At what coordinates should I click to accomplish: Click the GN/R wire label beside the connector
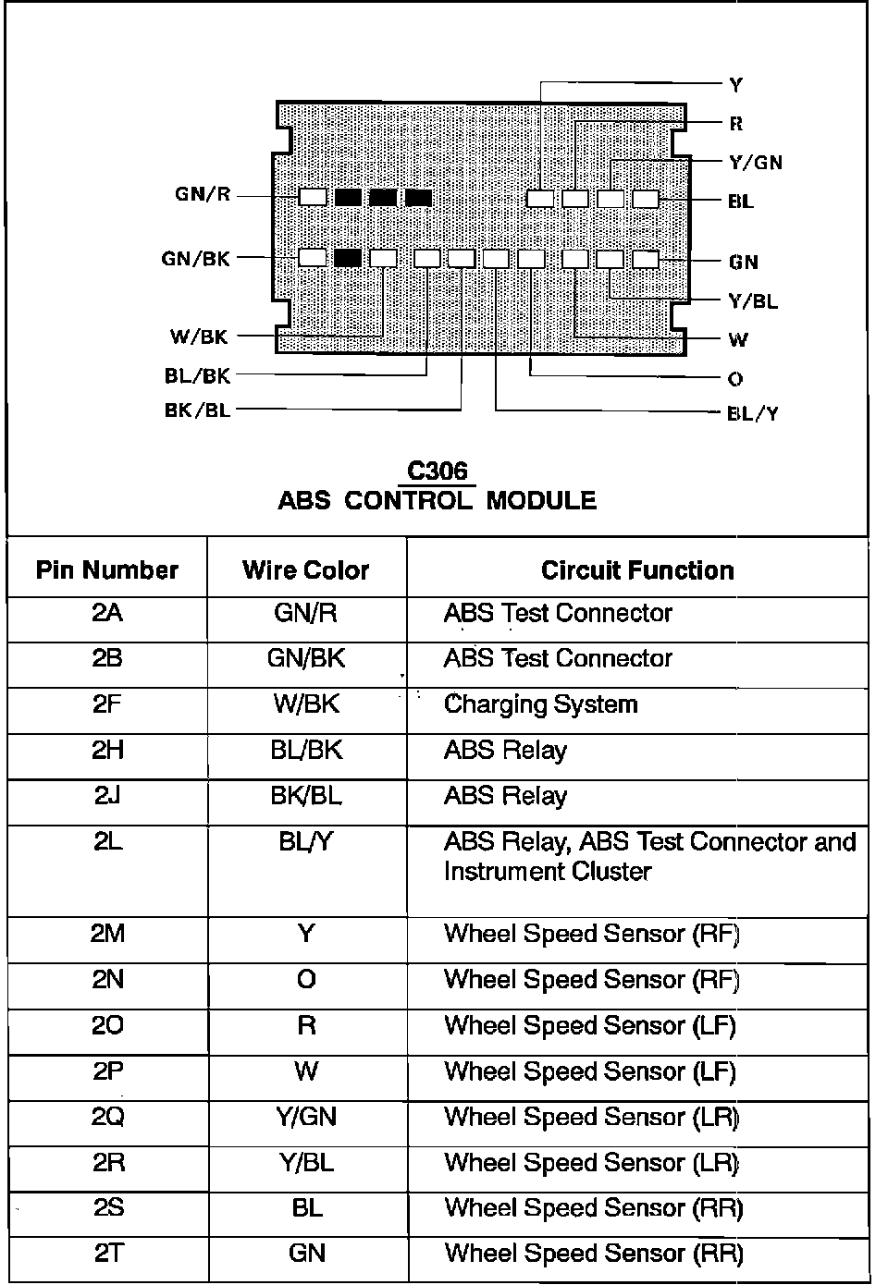coord(203,195)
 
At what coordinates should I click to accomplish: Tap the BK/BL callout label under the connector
coord(197,410)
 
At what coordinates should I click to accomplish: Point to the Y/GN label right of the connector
coord(756,163)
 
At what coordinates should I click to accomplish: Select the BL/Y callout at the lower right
coord(753,413)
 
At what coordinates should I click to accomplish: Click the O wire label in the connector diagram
coord(735,378)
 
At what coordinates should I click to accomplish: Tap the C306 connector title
coord(438,471)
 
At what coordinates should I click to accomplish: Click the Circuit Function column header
coord(637,570)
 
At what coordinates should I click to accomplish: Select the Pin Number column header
coord(107,570)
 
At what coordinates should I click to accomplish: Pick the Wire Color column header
coord(306,570)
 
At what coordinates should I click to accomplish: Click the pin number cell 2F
coord(107,704)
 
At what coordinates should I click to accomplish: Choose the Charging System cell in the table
coord(541,704)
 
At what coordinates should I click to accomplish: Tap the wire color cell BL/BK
coord(306,750)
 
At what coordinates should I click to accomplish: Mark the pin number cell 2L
coord(107,842)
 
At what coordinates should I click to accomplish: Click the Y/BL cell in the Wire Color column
coord(306,1162)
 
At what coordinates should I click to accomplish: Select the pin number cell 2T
coord(107,1254)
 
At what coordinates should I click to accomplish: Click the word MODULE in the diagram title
coord(541,501)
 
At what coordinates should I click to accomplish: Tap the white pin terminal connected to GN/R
coord(313,197)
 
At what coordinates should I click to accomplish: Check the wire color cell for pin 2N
coord(306,979)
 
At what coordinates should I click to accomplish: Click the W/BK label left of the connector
coord(199,337)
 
